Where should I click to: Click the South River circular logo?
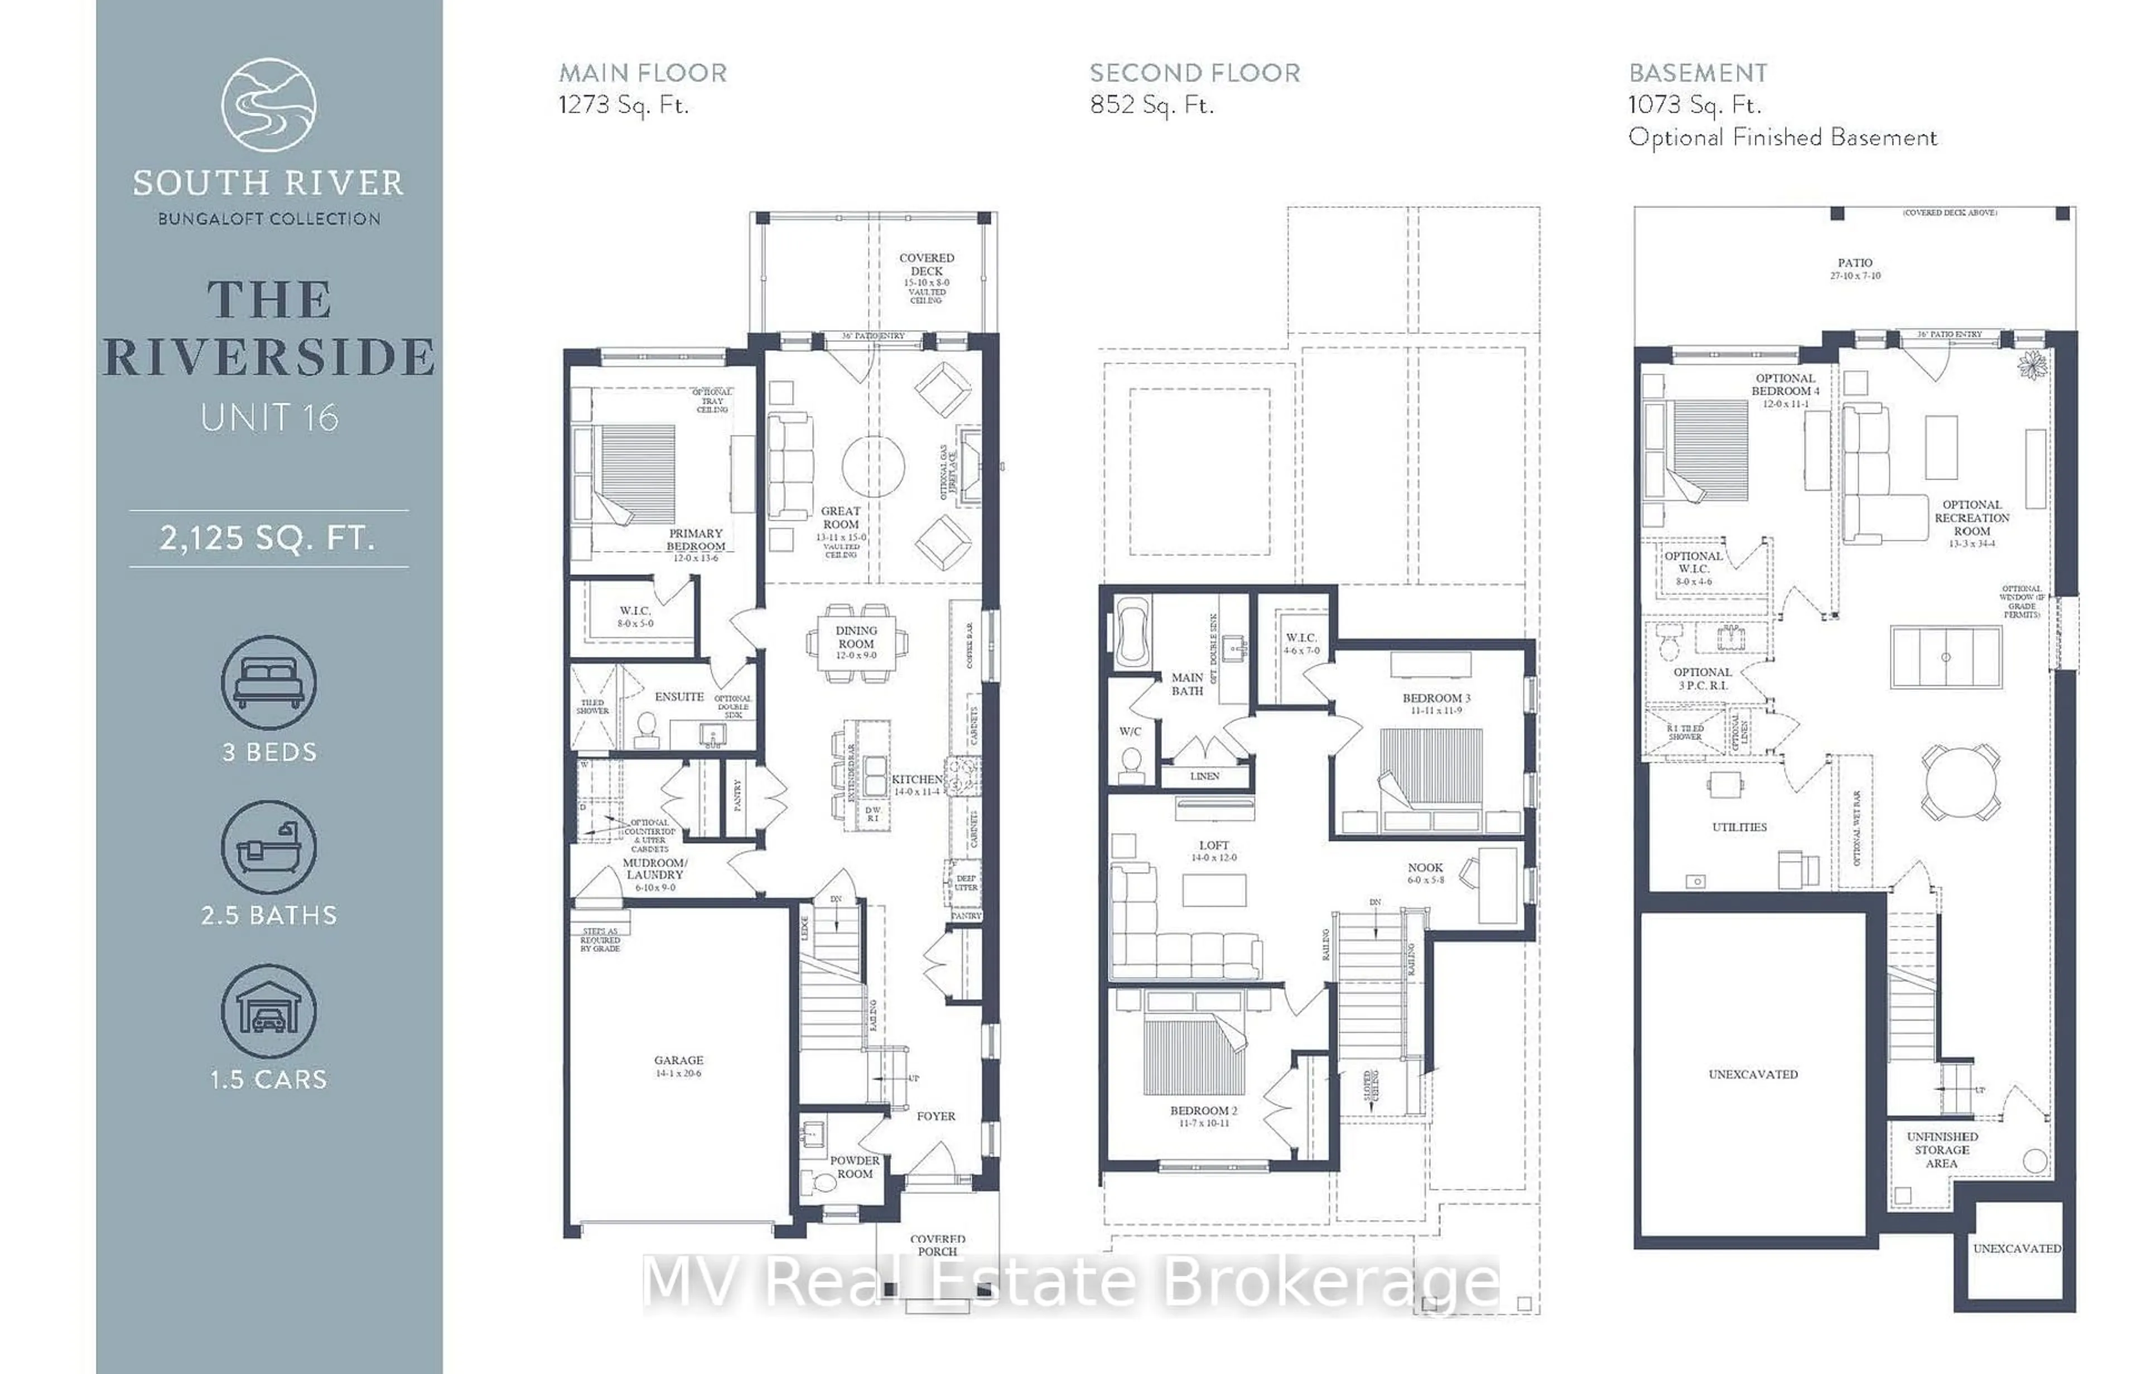click(x=269, y=104)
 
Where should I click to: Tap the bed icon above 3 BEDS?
click(x=269, y=683)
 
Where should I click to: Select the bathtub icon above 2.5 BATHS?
click(x=269, y=846)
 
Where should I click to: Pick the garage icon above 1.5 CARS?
click(x=269, y=1011)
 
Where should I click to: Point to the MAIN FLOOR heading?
click(x=643, y=73)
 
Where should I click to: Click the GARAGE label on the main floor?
click(x=678, y=1061)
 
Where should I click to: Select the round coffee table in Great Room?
click(x=873, y=466)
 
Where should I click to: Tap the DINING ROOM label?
click(x=856, y=637)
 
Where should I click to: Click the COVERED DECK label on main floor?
click(x=927, y=264)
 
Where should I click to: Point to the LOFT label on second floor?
click(x=1214, y=845)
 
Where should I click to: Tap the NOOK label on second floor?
click(x=1425, y=867)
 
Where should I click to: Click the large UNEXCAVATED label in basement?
click(x=1753, y=1074)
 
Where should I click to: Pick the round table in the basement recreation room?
click(x=1960, y=782)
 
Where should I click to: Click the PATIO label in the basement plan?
click(x=1855, y=263)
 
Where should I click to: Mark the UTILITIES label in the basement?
click(x=1739, y=827)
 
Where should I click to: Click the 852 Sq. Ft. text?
click(x=1152, y=105)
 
